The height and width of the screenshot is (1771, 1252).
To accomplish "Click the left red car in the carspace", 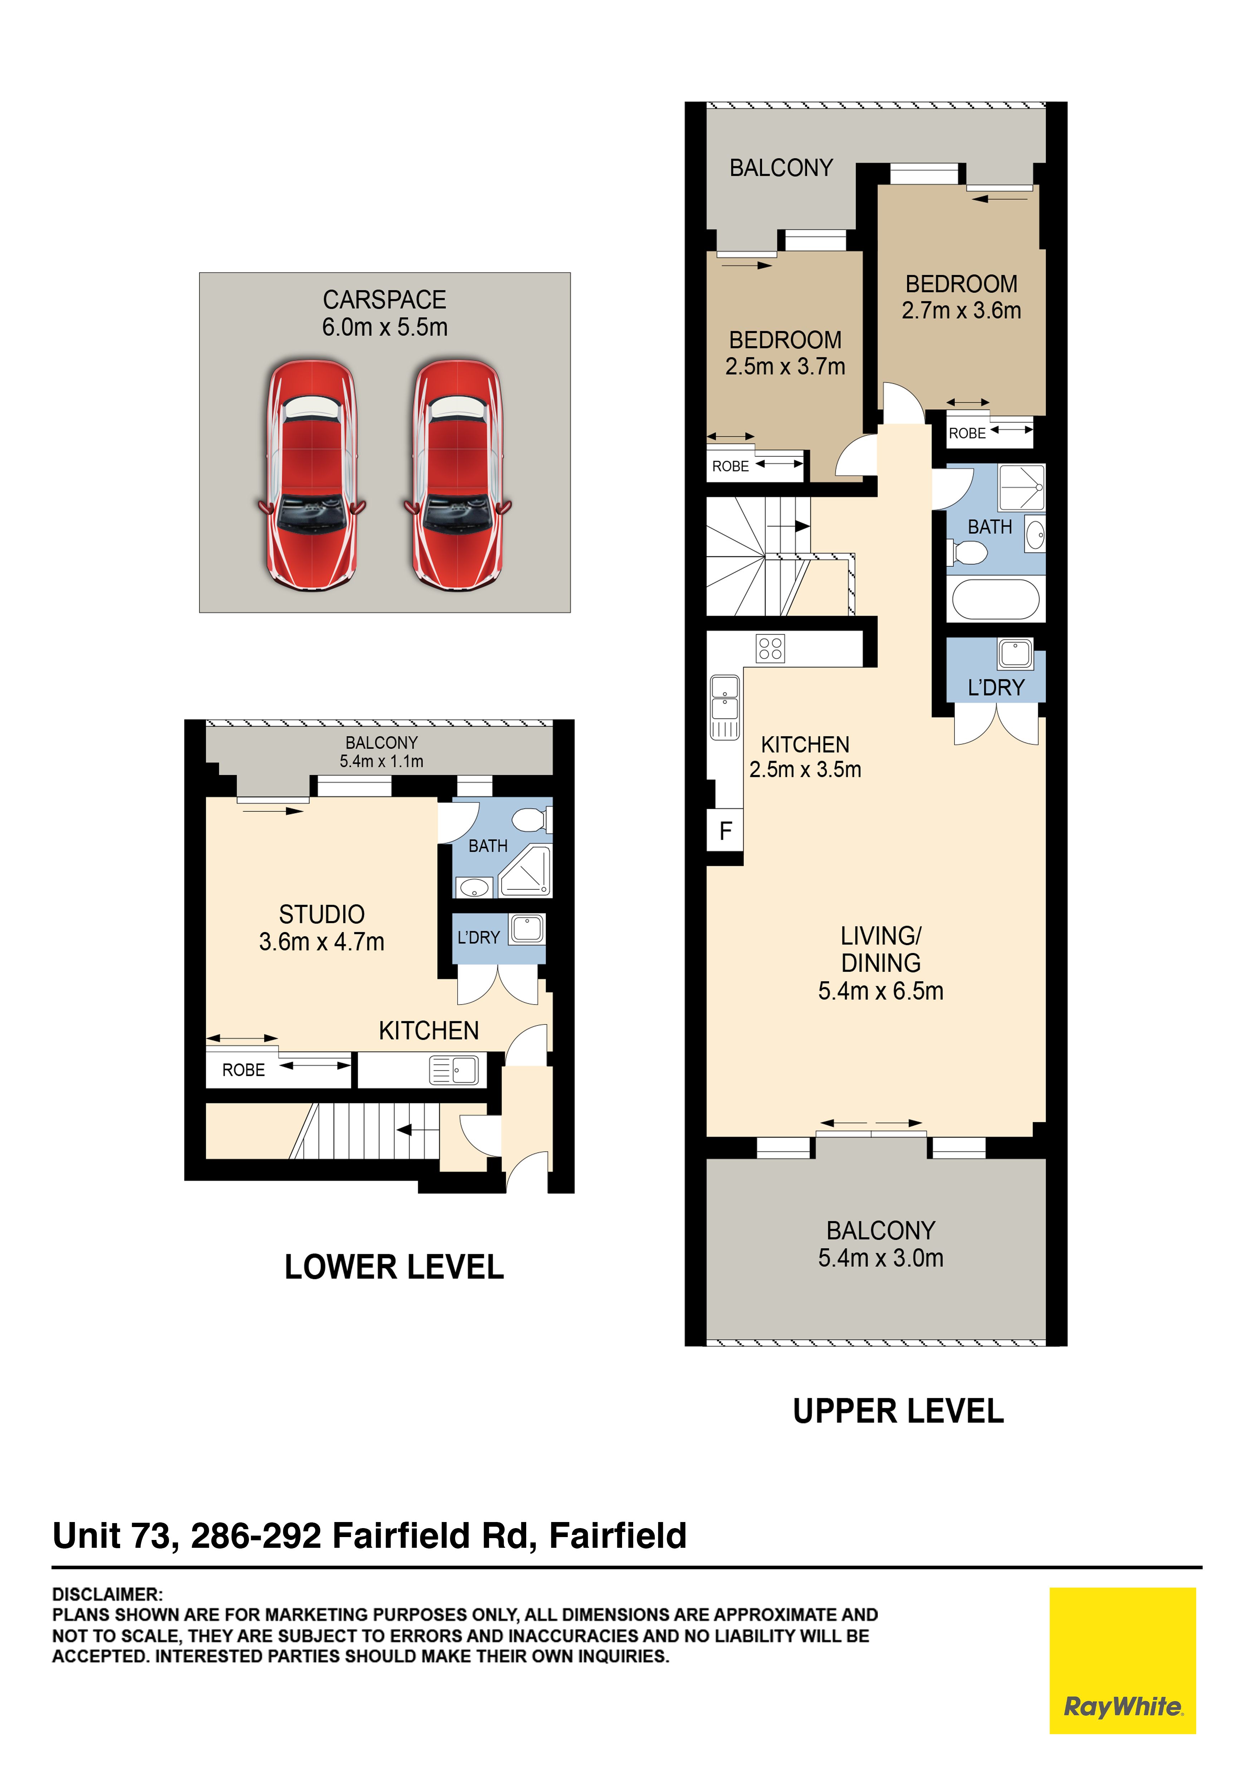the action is point(312,475).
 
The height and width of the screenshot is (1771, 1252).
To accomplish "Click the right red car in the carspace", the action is point(458,475).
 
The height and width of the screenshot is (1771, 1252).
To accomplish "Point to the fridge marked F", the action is point(725,831).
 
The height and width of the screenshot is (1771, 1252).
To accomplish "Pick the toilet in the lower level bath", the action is point(532,819).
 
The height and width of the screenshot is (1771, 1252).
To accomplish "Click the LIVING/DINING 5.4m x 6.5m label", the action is point(881,963).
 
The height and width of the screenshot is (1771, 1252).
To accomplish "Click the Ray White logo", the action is point(1123,1661).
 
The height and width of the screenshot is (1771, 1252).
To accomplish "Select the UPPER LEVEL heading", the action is point(899,1412).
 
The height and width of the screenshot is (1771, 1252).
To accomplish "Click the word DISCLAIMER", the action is point(107,1594).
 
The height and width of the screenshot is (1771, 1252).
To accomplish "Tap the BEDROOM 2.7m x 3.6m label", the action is point(961,297).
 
